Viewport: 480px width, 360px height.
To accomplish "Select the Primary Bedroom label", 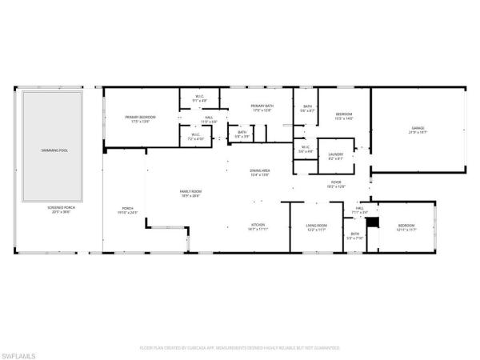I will [139, 118].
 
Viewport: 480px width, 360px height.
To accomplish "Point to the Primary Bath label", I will [263, 107].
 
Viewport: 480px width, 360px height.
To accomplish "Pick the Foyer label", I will [337, 184].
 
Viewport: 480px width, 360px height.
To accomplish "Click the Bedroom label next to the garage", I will [343, 116].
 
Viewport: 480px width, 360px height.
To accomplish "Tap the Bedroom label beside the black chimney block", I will [408, 227].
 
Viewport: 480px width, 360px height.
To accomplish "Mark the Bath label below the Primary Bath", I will [242, 134].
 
